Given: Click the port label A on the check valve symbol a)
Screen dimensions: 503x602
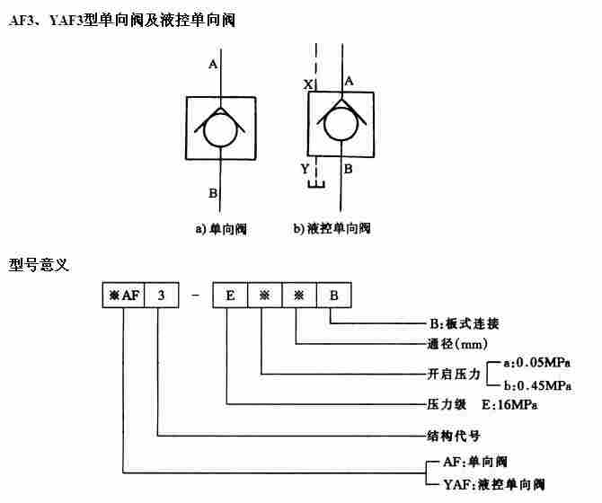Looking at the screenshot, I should (x=213, y=65).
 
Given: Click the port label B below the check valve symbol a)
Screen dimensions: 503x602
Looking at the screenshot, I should (x=213, y=191).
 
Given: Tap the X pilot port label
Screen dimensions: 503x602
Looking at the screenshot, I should (x=307, y=84).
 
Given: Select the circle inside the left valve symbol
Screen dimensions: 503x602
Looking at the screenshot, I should (x=220, y=130).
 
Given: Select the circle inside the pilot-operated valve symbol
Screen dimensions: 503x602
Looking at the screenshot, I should (x=341, y=126).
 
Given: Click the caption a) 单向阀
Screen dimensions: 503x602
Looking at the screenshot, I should (x=221, y=229).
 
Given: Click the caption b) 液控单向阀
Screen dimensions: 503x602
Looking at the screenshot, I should (x=332, y=229).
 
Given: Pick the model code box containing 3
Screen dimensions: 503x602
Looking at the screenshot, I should (x=161, y=296).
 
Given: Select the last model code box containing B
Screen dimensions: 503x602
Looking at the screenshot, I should (x=332, y=296).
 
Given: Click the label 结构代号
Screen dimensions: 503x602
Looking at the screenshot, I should (x=454, y=436).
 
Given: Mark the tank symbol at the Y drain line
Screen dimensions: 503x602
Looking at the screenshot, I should (x=314, y=186).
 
